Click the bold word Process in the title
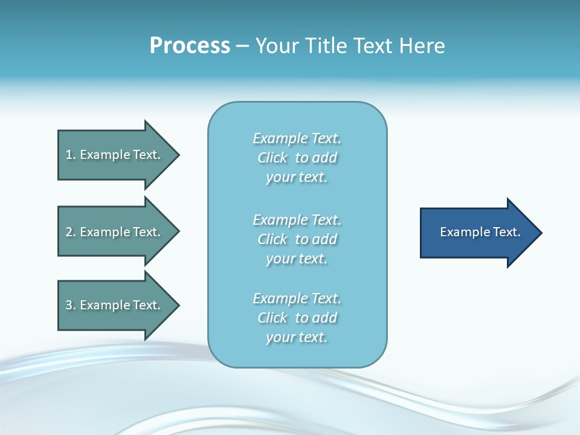[x=190, y=46]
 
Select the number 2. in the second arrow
[x=70, y=232]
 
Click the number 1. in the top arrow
[x=70, y=155]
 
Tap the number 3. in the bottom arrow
[x=70, y=305]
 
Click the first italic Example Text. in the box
[x=297, y=138]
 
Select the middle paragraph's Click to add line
[x=297, y=239]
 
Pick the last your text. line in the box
[x=297, y=337]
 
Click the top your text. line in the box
[x=297, y=177]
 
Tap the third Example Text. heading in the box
[x=297, y=298]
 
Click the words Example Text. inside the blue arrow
[x=480, y=232]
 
